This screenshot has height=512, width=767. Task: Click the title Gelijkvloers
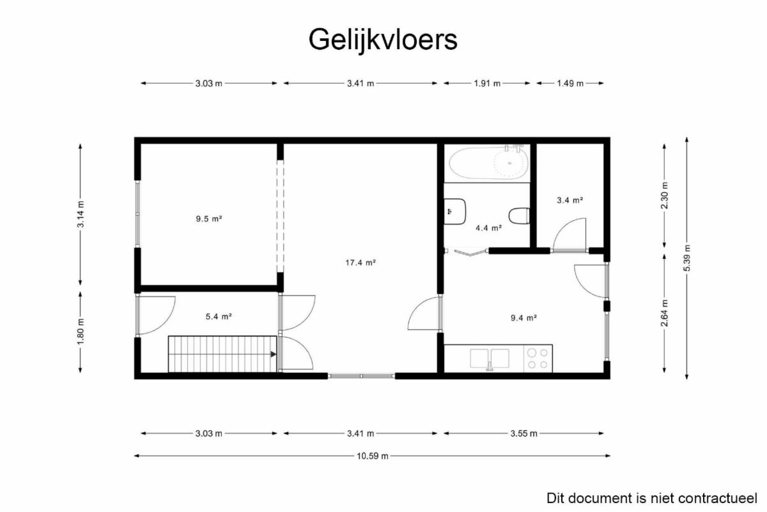click(x=383, y=40)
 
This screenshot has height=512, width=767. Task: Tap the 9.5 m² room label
click(x=209, y=219)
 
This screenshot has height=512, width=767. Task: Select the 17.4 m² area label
click(x=360, y=263)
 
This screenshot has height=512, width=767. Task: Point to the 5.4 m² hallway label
click(x=219, y=316)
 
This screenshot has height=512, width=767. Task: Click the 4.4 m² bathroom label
click(x=488, y=228)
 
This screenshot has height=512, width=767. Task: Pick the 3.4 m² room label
click(x=569, y=200)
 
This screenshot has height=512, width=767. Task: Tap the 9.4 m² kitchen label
click(x=523, y=318)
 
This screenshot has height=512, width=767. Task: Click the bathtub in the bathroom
click(x=489, y=162)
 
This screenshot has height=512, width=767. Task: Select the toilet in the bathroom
click(x=519, y=216)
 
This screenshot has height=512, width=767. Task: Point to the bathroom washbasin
click(x=454, y=212)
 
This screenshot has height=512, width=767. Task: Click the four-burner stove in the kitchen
click(x=538, y=359)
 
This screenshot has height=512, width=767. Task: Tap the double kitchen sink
click(x=490, y=359)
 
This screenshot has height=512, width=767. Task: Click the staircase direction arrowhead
click(x=274, y=354)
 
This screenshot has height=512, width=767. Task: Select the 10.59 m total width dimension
click(x=372, y=456)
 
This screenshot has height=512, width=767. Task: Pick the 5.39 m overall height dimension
click(x=686, y=258)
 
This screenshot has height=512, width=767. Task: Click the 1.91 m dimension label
click(x=487, y=83)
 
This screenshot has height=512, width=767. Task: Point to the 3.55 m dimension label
click(x=523, y=433)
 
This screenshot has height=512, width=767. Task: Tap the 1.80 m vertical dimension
click(x=80, y=332)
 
